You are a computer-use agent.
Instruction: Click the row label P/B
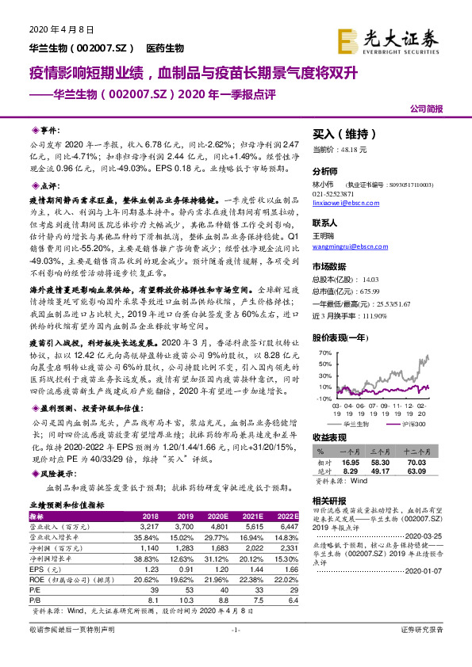(x=35, y=600)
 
